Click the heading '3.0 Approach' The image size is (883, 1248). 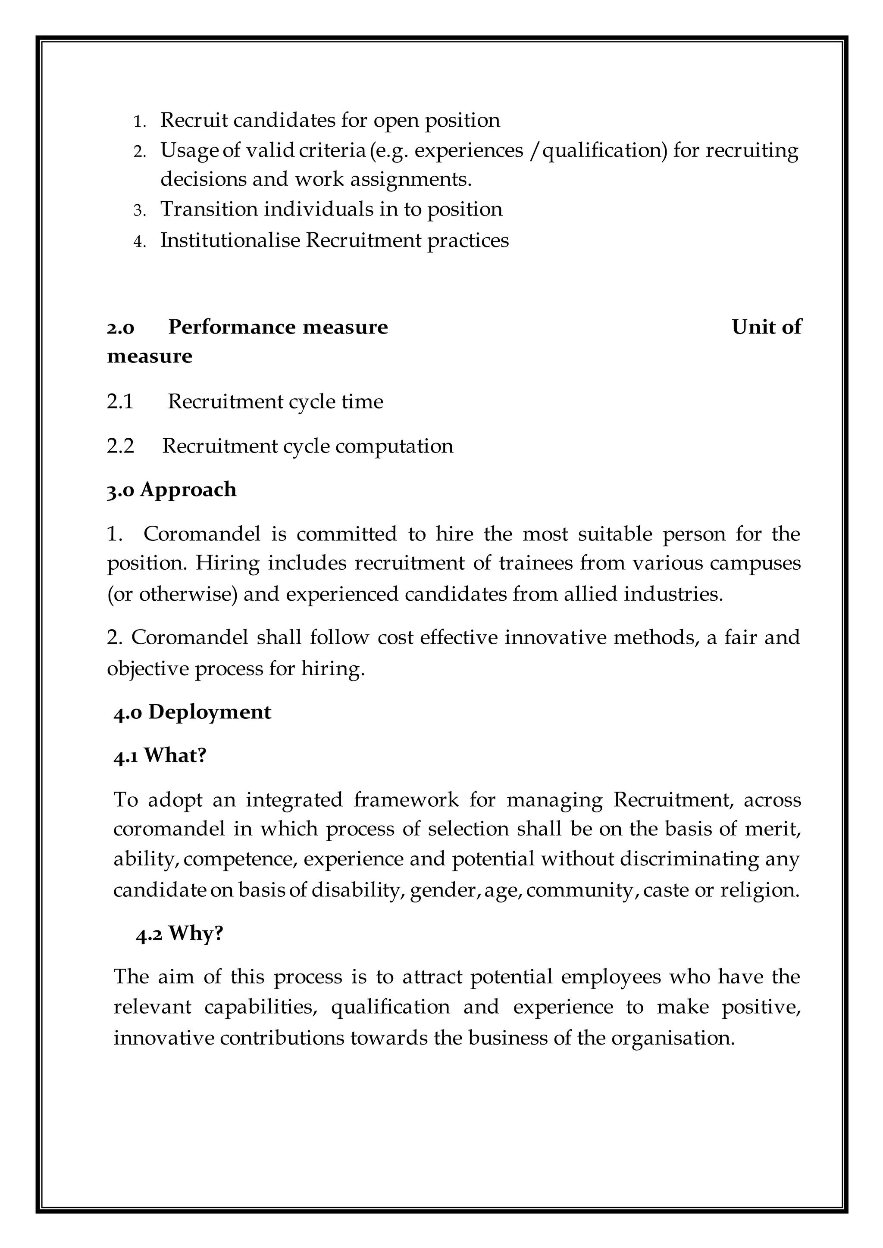pos(172,490)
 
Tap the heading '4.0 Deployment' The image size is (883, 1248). pos(192,712)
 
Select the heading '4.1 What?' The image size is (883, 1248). pos(160,755)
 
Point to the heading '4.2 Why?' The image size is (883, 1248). pos(179,933)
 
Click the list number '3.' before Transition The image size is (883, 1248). pos(140,210)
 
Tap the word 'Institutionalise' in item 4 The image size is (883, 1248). pos(230,240)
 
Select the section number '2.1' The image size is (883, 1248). pos(120,402)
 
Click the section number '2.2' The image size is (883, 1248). pos(120,446)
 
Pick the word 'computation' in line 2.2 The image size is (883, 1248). pos(394,446)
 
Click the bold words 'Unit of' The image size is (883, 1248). pos(766,327)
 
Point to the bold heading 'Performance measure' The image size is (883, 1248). pos(278,327)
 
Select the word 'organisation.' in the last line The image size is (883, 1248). pos(673,1038)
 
